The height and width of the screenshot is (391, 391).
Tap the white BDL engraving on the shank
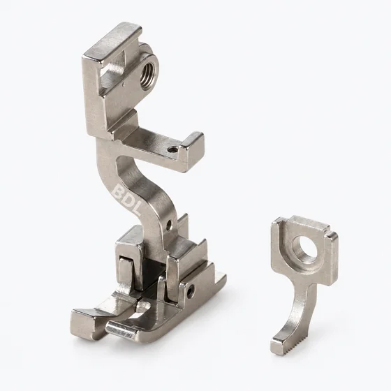tap(127, 200)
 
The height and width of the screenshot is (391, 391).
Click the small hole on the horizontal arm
tap(172, 150)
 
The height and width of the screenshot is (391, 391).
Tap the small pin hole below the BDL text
tap(170, 223)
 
